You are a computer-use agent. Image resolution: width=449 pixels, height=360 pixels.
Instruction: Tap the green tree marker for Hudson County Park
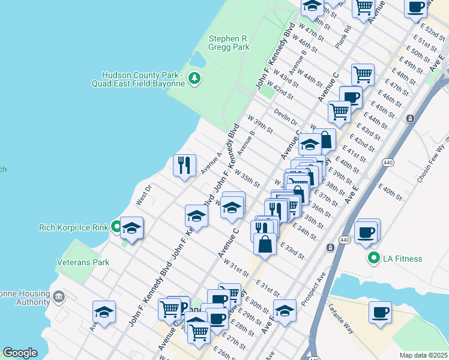[194, 77]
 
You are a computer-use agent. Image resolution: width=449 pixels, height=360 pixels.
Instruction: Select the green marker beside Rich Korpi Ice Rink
[115, 227]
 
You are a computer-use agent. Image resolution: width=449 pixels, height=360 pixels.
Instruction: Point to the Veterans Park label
[83, 262]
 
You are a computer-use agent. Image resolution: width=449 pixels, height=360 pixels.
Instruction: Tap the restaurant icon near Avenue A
[184, 164]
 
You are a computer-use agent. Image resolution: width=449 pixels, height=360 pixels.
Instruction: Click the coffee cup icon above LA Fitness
[366, 232]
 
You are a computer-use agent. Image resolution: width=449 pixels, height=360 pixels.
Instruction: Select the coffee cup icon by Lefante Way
[380, 312]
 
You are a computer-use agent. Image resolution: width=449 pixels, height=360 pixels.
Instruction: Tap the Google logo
[20, 353]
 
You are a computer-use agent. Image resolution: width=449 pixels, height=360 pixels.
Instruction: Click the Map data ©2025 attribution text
[423, 355]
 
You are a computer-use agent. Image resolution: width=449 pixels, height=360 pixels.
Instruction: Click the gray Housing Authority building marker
[59, 295]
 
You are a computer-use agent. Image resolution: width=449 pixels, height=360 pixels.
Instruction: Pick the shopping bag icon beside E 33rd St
[265, 244]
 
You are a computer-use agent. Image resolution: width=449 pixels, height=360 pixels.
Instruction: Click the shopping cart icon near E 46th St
[363, 74]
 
